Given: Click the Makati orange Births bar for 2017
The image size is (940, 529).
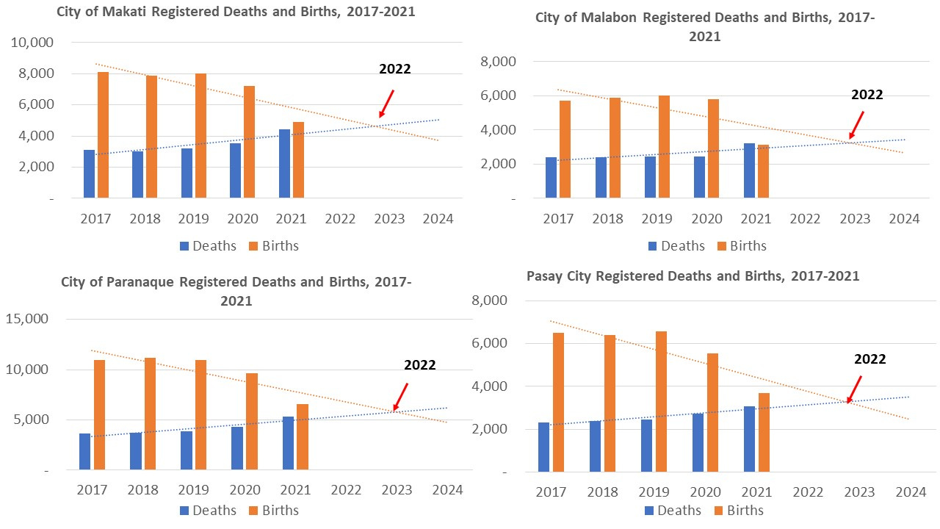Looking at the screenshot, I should pos(103,135).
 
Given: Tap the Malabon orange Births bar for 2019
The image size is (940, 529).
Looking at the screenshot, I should pos(665,147).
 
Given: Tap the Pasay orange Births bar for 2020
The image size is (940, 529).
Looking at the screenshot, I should pos(713,412).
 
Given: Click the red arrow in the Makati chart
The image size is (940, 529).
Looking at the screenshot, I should pos(386,104).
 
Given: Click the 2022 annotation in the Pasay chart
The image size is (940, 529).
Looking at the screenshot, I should pos(869,359).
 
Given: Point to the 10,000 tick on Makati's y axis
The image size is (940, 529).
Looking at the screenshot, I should pos(33,43).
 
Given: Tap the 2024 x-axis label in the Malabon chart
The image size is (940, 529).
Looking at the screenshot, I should pos(904,219).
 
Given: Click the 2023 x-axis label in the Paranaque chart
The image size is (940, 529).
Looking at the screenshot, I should pos(397,490).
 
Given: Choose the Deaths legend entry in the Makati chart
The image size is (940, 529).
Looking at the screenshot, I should pos(207,246).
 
